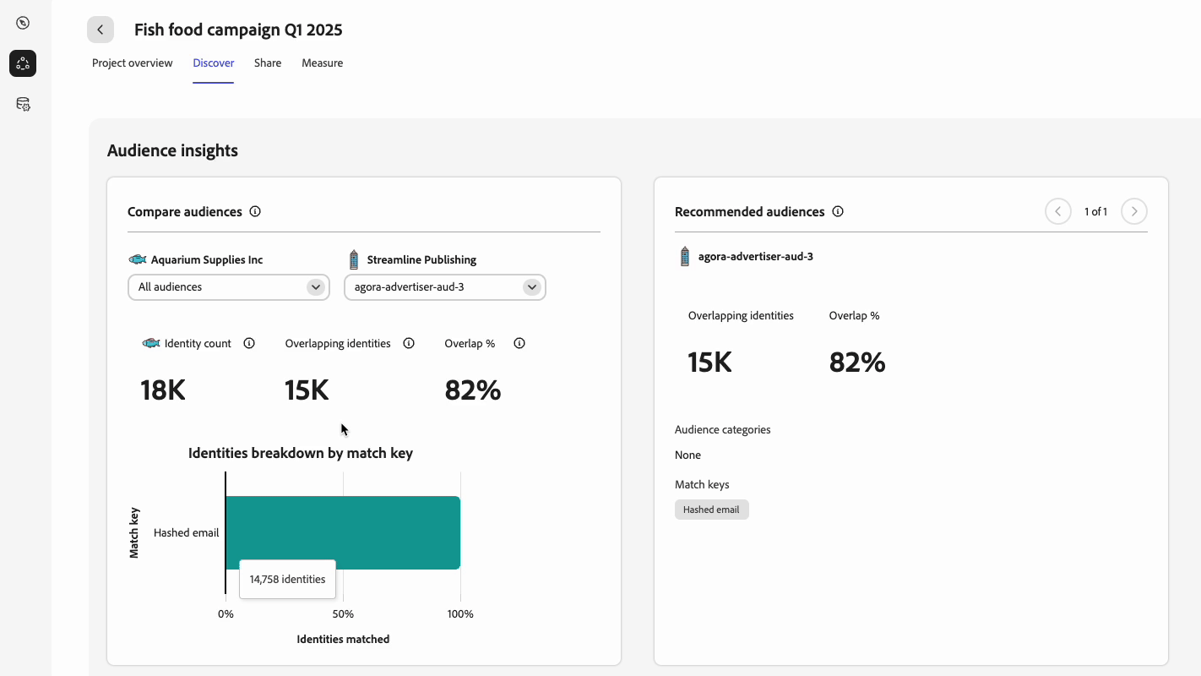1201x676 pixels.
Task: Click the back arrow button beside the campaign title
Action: [101, 30]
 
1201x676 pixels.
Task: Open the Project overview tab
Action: [133, 63]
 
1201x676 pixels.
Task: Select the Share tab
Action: [268, 63]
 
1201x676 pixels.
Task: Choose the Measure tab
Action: [322, 63]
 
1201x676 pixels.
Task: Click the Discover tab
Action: [213, 63]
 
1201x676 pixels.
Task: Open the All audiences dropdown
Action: [228, 287]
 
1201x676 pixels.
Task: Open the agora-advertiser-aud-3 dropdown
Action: [444, 287]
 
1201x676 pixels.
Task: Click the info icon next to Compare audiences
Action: [255, 211]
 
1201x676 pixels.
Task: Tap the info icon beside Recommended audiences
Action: [838, 211]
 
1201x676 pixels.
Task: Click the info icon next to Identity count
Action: [249, 343]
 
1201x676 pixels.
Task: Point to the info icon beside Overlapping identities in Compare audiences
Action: [409, 343]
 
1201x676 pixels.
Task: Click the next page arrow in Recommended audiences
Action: [1134, 211]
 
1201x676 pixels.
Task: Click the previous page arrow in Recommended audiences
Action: [1058, 211]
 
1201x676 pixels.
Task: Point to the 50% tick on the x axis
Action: [343, 614]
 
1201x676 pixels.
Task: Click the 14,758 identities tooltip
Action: [287, 580]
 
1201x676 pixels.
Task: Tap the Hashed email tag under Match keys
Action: [711, 510]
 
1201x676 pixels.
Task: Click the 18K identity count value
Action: [162, 390]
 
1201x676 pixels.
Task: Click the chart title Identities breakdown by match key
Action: [301, 453]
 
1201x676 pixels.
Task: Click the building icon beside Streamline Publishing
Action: [354, 259]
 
